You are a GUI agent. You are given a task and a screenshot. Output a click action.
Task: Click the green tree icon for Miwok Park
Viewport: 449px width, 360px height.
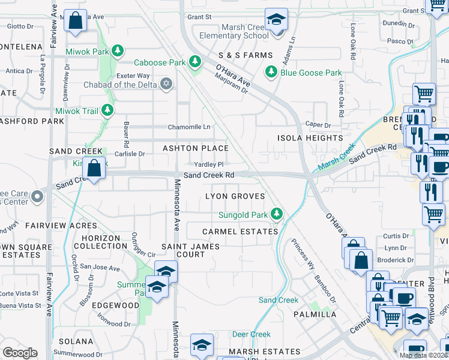point(118,50)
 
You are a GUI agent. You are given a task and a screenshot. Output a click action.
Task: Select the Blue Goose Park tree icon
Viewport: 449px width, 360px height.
point(271,73)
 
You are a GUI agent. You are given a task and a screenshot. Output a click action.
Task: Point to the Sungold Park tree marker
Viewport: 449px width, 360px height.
point(276,214)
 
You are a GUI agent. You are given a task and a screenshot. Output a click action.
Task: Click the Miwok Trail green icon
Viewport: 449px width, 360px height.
point(107,110)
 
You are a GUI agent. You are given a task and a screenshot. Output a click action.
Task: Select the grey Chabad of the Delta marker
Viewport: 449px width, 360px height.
point(166,84)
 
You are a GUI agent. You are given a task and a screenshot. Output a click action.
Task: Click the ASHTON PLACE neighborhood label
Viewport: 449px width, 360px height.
point(195,148)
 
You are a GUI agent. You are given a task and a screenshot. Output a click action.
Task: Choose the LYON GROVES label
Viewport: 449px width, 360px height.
point(235,196)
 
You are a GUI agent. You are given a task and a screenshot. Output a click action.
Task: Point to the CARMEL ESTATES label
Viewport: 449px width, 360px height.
point(240,232)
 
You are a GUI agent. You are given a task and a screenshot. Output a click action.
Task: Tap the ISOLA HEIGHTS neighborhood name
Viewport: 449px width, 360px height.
point(309,138)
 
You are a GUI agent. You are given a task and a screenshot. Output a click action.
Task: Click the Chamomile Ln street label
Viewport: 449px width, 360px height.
point(189,127)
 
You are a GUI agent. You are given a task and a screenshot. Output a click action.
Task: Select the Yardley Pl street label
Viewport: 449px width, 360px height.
point(208,164)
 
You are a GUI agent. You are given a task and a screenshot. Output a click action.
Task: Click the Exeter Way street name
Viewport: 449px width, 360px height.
point(134,76)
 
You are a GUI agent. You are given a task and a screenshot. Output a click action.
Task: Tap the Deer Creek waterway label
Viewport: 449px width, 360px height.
point(251,334)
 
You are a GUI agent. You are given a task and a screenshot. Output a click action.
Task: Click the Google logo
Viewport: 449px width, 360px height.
point(20,353)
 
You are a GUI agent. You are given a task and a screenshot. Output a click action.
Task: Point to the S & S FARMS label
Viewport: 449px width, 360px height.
point(237,55)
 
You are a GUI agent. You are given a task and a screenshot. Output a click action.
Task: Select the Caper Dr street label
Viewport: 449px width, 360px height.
point(318,125)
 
